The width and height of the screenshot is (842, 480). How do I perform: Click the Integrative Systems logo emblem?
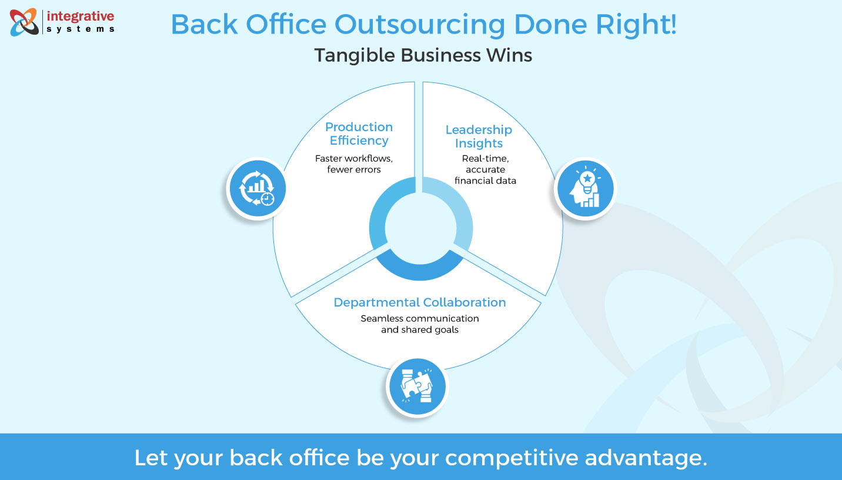click(x=24, y=22)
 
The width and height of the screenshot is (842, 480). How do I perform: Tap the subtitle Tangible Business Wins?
click(x=423, y=55)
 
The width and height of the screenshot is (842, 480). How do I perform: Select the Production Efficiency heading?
click(x=359, y=134)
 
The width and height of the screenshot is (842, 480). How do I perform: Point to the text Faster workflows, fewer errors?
click(x=353, y=164)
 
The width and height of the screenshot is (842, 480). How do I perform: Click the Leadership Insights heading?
click(x=479, y=136)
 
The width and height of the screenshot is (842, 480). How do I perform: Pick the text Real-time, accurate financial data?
click(x=485, y=169)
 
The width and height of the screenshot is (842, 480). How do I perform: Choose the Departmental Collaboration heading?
click(x=420, y=302)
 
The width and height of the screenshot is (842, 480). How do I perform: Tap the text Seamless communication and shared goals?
click(x=420, y=324)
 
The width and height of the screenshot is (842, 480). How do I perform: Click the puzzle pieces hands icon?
click(x=417, y=387)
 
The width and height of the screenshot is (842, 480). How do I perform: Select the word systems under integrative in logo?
click(x=80, y=28)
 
